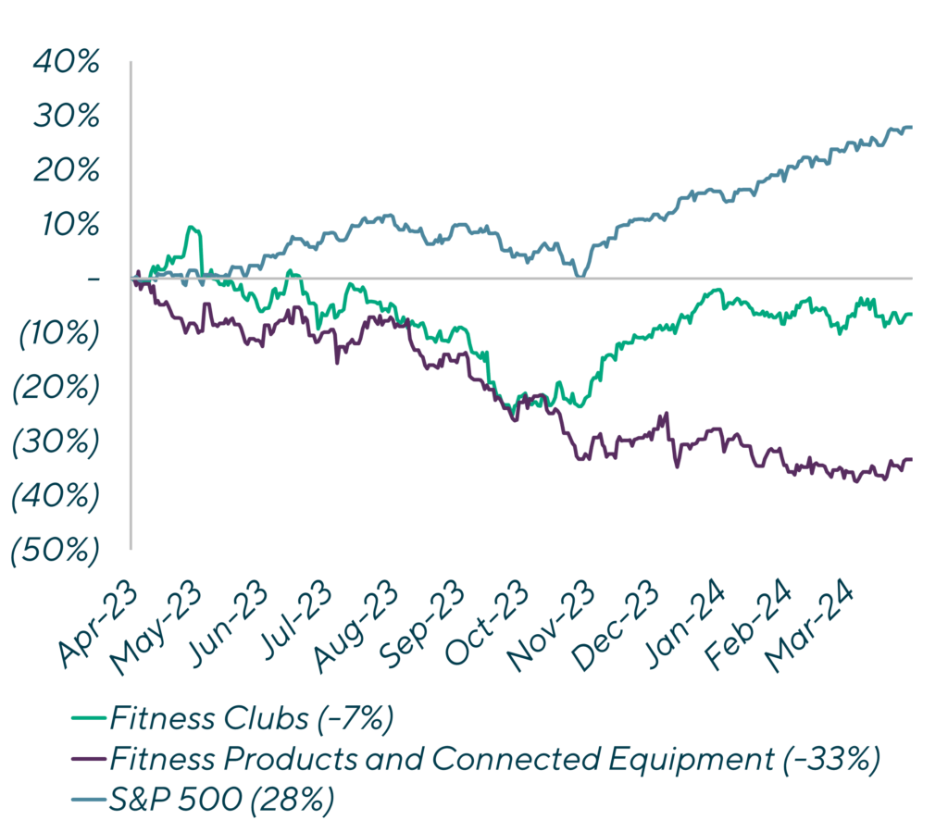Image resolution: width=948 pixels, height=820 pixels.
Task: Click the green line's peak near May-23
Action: [192, 227]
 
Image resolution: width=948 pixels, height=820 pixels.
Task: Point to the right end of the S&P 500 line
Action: [911, 127]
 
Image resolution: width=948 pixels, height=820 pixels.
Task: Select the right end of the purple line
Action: [911, 459]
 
